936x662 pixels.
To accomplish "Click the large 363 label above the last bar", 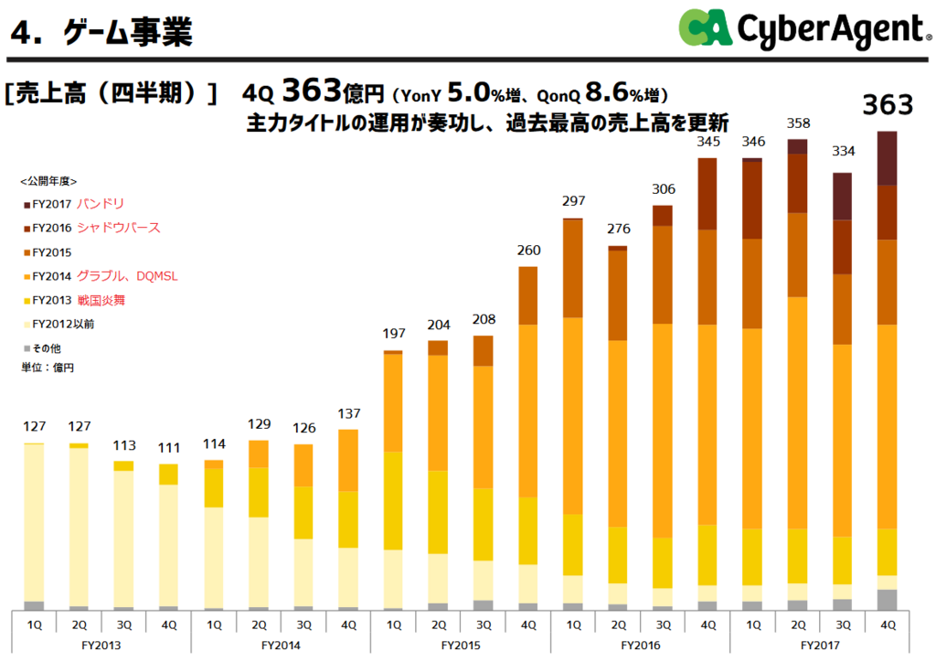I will point(888,105).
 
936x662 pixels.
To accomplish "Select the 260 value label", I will point(528,251).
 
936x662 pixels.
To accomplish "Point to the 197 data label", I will point(393,334).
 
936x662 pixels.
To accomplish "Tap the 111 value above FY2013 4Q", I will point(168,446).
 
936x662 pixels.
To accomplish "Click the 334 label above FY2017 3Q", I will point(843,152).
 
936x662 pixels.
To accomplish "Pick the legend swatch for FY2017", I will point(26,205).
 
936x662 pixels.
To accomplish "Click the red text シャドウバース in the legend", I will point(119,228).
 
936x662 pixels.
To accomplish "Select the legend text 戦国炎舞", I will point(106,299).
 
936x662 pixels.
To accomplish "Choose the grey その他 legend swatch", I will point(26,348).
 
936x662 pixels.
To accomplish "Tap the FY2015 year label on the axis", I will point(461,645).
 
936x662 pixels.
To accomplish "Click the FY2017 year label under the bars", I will point(820,645).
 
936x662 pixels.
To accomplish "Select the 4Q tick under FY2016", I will point(707,625).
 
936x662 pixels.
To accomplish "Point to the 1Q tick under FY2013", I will point(35,625).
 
